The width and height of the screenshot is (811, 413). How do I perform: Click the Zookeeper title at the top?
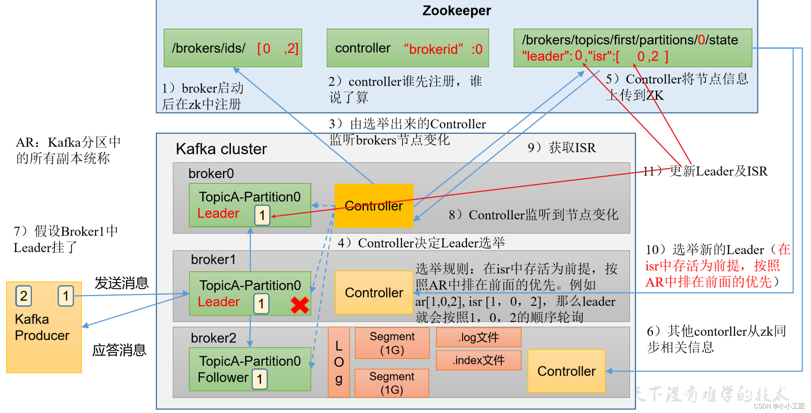[456, 11]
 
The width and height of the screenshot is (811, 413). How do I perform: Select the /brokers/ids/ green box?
[233, 48]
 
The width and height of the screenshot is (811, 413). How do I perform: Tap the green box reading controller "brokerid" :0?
[408, 48]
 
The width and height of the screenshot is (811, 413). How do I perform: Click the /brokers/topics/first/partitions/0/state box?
[633, 48]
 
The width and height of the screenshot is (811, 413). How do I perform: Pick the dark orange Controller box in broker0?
[374, 206]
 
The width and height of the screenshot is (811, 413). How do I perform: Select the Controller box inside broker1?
[374, 292]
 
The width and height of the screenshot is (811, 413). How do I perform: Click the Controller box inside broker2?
[566, 371]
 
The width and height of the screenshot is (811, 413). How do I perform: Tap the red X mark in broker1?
[300, 305]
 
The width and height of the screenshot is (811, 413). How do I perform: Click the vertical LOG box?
[339, 362]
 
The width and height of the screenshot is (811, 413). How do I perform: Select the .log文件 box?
[478, 337]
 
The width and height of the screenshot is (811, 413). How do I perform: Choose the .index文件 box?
[478, 360]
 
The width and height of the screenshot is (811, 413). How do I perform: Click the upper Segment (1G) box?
[392, 343]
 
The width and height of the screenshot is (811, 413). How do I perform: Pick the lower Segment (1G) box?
[392, 383]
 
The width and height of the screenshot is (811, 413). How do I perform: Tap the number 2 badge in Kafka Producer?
[24, 296]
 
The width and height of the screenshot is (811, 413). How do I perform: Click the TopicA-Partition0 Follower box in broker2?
[250, 369]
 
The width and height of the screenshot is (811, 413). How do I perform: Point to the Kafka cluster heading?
[221, 149]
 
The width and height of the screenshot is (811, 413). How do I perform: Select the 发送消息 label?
[121, 283]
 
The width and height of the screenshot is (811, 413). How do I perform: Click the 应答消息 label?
[119, 350]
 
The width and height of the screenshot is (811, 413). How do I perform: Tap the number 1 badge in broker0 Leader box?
[262, 215]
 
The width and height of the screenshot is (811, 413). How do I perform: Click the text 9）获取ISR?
[561, 148]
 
